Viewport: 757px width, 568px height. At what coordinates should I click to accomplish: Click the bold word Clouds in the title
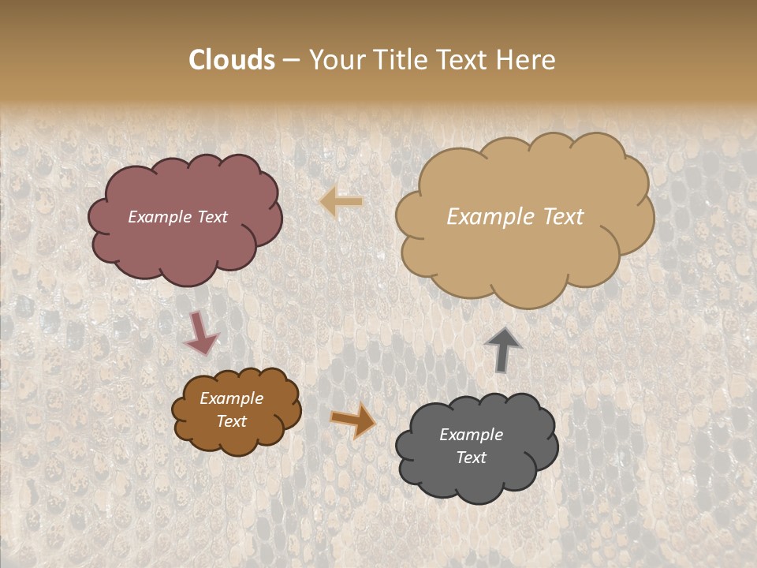pyautogui.click(x=232, y=60)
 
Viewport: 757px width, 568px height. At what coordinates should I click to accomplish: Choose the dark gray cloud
pyautogui.click(x=477, y=481)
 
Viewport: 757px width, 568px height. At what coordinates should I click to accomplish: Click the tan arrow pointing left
pyautogui.click(x=341, y=202)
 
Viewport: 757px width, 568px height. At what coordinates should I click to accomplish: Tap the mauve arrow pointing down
pyautogui.click(x=200, y=333)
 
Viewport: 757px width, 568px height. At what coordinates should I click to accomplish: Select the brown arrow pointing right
pyautogui.click(x=353, y=420)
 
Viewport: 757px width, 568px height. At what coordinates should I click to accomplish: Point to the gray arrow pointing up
pyautogui.click(x=503, y=349)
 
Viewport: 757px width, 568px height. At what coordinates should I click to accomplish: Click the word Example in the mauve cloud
pyautogui.click(x=160, y=217)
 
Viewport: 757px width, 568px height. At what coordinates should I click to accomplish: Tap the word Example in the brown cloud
pyautogui.click(x=231, y=398)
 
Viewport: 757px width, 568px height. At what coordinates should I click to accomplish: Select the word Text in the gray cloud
pyautogui.click(x=471, y=458)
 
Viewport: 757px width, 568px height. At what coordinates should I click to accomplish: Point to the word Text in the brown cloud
pyautogui.click(x=231, y=421)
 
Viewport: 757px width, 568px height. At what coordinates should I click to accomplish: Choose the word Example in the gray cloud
pyautogui.click(x=471, y=435)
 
